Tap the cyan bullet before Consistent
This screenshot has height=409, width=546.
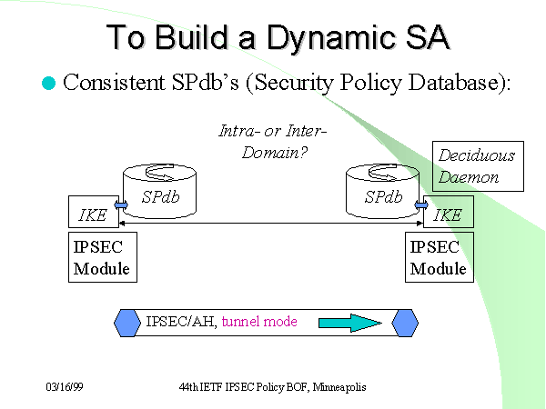pyautogui.click(x=49, y=83)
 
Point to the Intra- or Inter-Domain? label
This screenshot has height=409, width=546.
pyautogui.click(x=272, y=143)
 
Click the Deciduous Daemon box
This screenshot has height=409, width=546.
pyautogui.click(x=477, y=166)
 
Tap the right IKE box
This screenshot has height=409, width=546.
pyautogui.click(x=447, y=215)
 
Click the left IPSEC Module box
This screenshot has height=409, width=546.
pyautogui.click(x=102, y=257)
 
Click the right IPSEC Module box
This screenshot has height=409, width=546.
pyautogui.click(x=439, y=257)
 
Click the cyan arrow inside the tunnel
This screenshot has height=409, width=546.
pyautogui.click(x=349, y=323)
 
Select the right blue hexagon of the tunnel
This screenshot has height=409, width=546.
pyautogui.click(x=405, y=323)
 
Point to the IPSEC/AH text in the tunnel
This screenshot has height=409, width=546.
pyautogui.click(x=180, y=322)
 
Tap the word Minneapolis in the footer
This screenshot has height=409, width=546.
pyautogui.click(x=339, y=387)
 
